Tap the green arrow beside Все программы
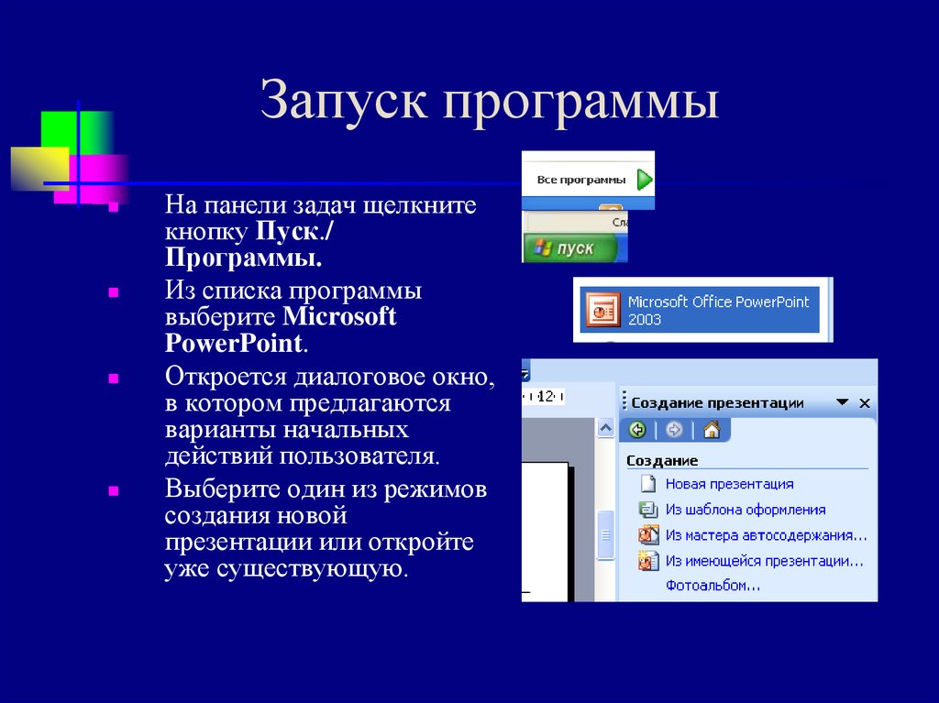(x=645, y=179)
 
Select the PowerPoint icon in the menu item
(x=602, y=310)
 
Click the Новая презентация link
(x=729, y=484)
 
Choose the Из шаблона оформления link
(x=746, y=510)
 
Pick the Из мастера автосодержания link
(x=766, y=535)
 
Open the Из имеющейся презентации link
(x=764, y=561)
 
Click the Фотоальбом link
(x=713, y=586)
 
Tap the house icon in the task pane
(x=712, y=430)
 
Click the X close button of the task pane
(x=864, y=403)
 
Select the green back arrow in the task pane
(x=638, y=430)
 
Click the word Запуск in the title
(x=344, y=100)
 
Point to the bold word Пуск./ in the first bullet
(x=294, y=231)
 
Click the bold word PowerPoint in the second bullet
(x=234, y=343)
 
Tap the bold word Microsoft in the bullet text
(x=339, y=316)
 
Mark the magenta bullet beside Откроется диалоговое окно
(x=113, y=379)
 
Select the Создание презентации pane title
(x=717, y=403)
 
